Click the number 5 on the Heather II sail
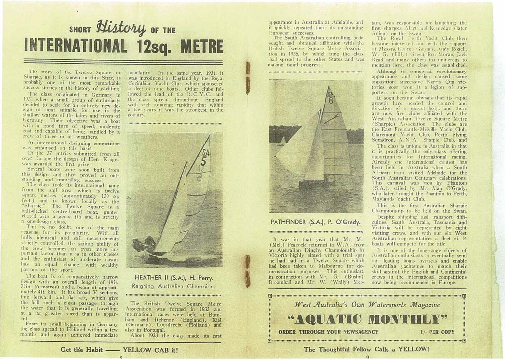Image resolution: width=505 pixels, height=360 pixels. (203, 161)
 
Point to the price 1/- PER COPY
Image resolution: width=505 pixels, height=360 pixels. (437, 332)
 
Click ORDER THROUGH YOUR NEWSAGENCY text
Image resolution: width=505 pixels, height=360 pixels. (328, 332)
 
